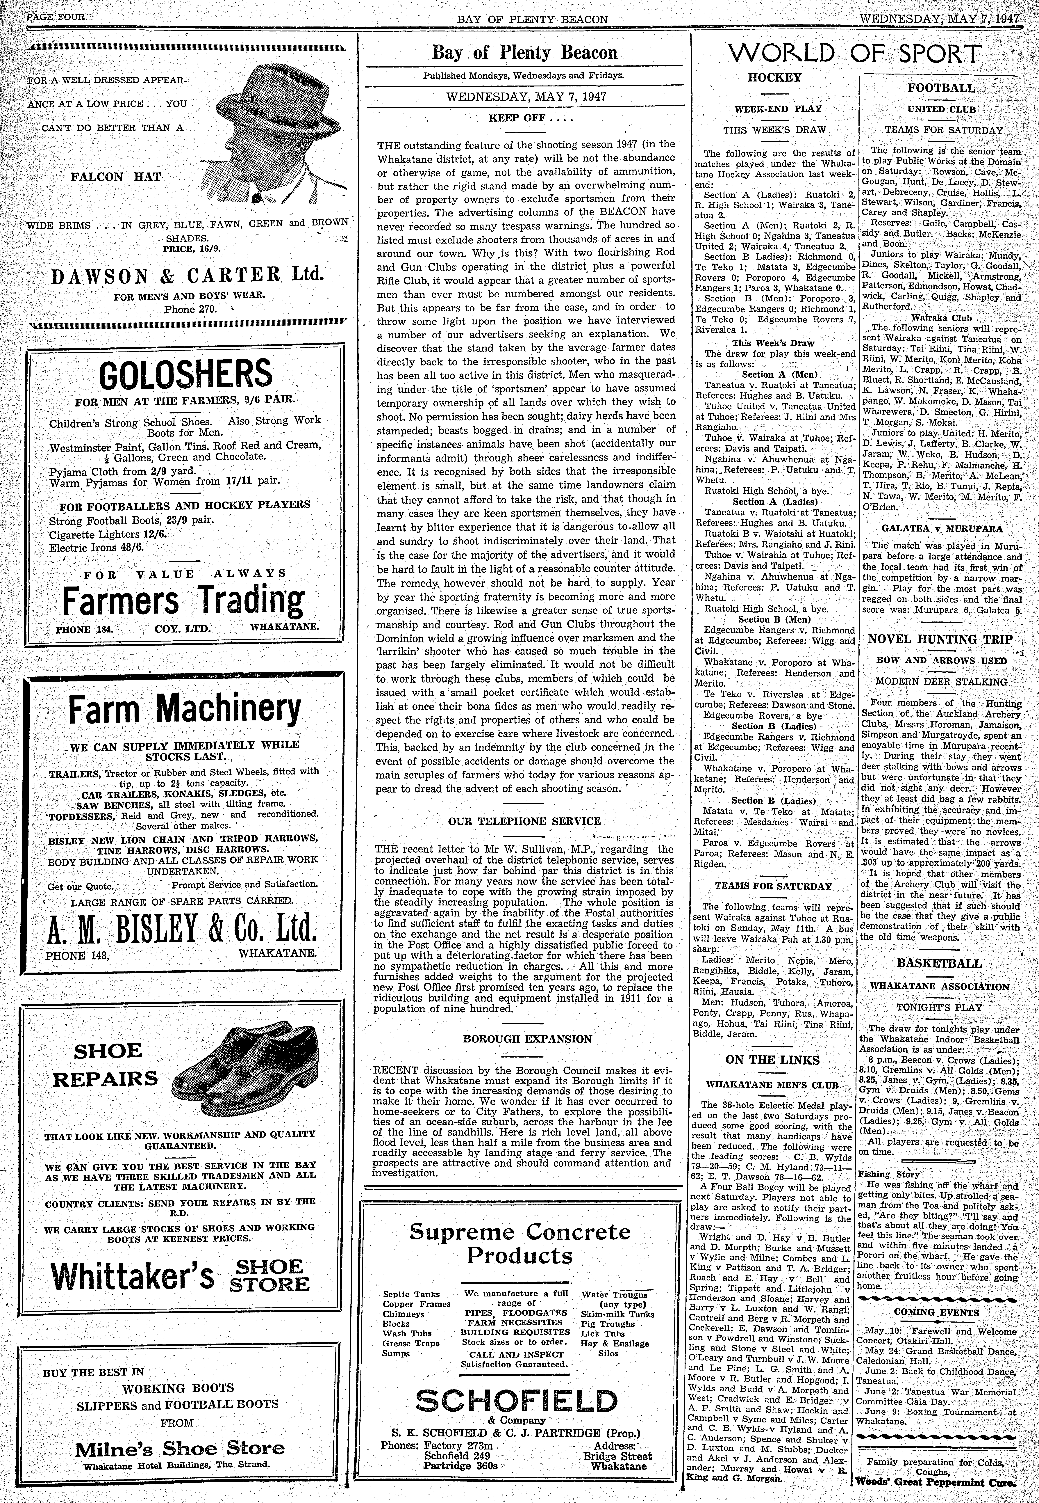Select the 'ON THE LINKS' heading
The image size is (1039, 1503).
coord(772,1060)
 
